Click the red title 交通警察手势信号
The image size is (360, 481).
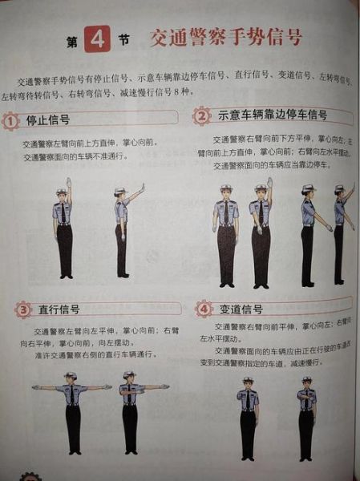[x=215, y=37]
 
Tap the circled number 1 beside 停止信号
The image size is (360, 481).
[x=10, y=121]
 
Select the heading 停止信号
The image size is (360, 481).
[x=47, y=120]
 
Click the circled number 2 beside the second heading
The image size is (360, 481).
[x=201, y=115]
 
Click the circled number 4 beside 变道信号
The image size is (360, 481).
[x=204, y=308]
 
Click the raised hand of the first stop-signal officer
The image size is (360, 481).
[x=69, y=180]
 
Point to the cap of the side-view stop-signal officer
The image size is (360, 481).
[x=120, y=191]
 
